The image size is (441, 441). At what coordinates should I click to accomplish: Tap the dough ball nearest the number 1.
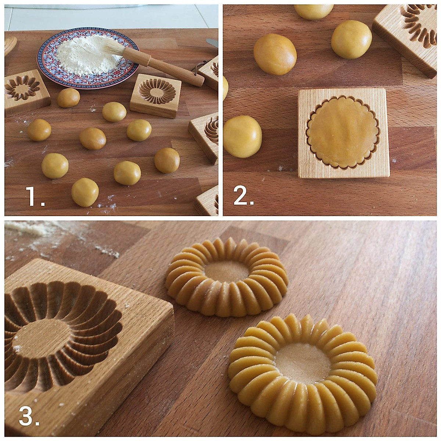click(x=85, y=192)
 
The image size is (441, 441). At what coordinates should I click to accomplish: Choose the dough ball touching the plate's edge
click(x=68, y=98)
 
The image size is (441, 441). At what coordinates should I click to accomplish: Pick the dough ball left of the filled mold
click(x=242, y=136)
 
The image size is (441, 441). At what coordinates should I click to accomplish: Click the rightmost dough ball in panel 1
click(x=167, y=160)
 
